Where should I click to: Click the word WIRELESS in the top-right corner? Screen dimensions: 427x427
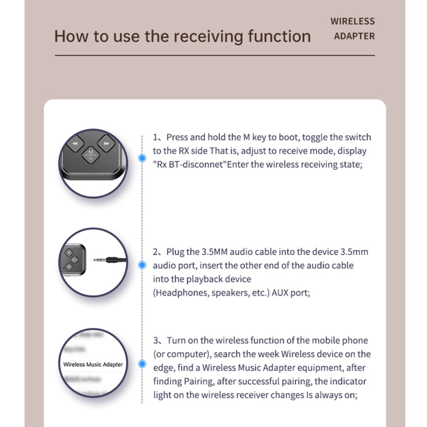(352, 21)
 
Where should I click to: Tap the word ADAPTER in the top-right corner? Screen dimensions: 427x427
(354, 36)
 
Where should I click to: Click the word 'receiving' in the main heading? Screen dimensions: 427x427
(208, 36)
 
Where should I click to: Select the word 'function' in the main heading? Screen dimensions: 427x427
(280, 36)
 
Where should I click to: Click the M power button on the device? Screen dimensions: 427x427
(91, 154)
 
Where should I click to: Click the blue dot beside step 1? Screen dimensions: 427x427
(142, 158)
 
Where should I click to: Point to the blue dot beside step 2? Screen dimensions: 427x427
(142, 264)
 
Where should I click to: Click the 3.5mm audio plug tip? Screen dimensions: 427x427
(97, 259)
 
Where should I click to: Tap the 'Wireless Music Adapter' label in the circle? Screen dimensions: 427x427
(93, 364)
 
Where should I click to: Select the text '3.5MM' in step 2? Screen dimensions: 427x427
(215, 252)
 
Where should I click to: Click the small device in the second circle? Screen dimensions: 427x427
(71, 259)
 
